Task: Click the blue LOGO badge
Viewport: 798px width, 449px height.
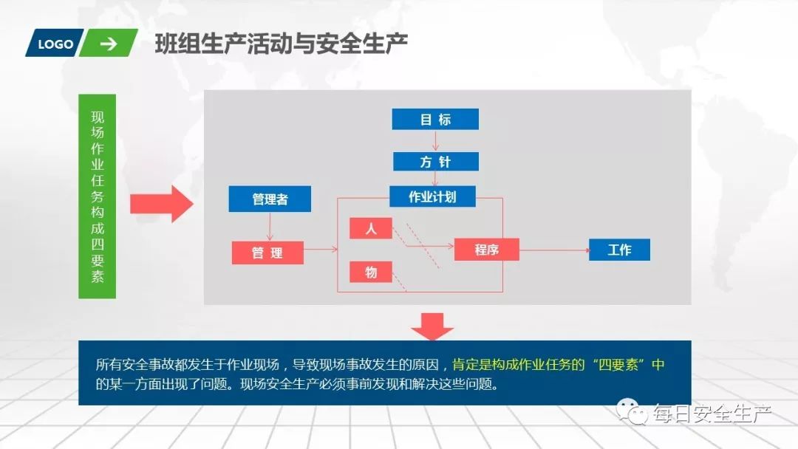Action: (55, 44)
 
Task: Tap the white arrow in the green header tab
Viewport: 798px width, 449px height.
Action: (109, 44)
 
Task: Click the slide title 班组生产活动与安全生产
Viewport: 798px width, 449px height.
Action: (282, 44)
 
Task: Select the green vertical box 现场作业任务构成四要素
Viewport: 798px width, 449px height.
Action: (98, 196)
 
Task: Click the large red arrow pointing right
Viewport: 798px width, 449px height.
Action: (161, 203)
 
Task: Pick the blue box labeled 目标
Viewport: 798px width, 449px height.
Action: (435, 120)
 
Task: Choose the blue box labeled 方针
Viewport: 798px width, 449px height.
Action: (435, 162)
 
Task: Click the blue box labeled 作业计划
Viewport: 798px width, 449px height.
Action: (432, 196)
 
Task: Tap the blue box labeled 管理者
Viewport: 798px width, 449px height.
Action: (270, 199)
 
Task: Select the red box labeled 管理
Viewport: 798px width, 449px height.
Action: (267, 253)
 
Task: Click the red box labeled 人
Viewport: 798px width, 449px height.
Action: (371, 229)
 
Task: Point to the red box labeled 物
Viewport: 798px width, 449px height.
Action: (371, 273)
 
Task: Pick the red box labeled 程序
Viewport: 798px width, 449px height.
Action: (486, 250)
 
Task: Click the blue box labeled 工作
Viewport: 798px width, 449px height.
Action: (619, 250)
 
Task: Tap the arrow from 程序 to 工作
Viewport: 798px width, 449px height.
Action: (554, 250)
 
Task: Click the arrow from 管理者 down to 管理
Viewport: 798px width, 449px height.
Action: (270, 226)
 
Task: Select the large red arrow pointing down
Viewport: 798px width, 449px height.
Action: (432, 326)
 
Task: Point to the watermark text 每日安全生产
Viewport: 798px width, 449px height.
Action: (711, 414)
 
